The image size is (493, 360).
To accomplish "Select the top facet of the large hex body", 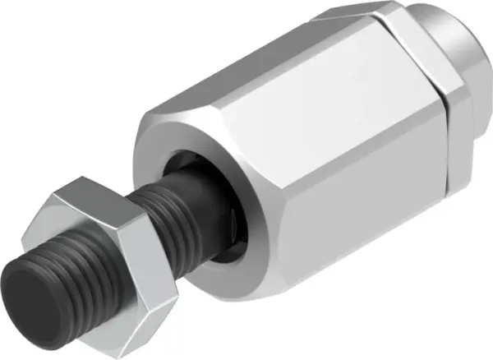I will tap(271, 66).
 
